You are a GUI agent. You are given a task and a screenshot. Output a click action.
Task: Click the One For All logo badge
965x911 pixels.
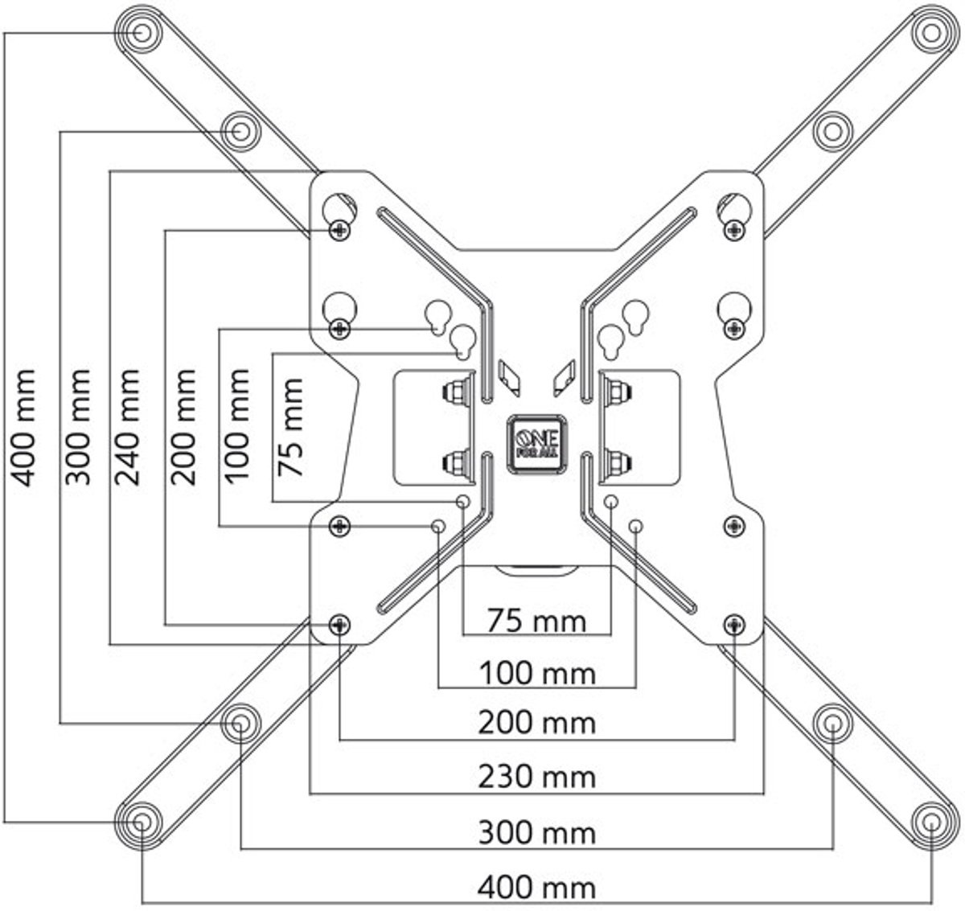[537, 444]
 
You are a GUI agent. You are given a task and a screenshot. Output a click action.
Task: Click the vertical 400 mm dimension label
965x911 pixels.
[23, 428]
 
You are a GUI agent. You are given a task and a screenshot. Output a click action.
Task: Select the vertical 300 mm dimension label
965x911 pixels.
[78, 427]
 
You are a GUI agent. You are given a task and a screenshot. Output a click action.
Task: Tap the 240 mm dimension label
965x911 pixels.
[127, 427]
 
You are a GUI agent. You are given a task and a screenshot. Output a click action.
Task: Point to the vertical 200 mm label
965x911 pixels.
[183, 427]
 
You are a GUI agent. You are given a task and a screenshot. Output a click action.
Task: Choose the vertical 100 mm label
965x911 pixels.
[236, 426]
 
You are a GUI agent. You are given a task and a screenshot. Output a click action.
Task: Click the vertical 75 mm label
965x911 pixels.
[289, 427]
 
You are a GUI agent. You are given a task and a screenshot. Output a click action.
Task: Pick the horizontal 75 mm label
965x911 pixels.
[536, 621]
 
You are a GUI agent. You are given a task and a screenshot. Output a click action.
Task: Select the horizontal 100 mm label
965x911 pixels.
[537, 674]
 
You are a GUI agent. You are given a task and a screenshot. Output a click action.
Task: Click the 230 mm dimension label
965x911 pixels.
[537, 777]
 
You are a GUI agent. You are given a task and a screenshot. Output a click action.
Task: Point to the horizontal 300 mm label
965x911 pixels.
[537, 832]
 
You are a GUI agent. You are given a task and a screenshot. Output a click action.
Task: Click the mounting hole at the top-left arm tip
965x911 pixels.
[142, 33]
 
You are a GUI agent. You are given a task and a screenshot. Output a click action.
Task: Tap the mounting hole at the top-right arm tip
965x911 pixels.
[931, 33]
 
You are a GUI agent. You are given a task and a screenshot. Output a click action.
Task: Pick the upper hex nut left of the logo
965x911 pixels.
[455, 391]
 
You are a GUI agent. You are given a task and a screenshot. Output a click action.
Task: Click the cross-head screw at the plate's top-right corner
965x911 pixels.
[734, 230]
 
